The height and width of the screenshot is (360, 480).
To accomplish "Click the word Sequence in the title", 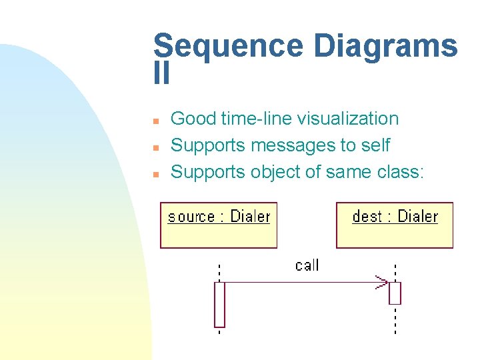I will [x=228, y=47].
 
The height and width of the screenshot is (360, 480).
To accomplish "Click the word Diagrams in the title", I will [x=385, y=47].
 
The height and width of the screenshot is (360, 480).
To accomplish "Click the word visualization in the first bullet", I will [x=347, y=119].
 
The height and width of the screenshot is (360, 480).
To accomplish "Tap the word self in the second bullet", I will [x=375, y=145].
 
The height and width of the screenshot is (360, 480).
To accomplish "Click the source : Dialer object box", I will [x=219, y=225].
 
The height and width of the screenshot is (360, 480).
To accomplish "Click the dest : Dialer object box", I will [x=394, y=225].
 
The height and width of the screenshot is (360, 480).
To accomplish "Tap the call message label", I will [x=307, y=265].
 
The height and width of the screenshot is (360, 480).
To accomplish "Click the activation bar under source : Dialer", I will [x=219, y=305].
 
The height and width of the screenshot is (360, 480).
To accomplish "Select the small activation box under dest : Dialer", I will [x=395, y=293].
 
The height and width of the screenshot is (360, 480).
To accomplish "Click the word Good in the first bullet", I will [x=193, y=119].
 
